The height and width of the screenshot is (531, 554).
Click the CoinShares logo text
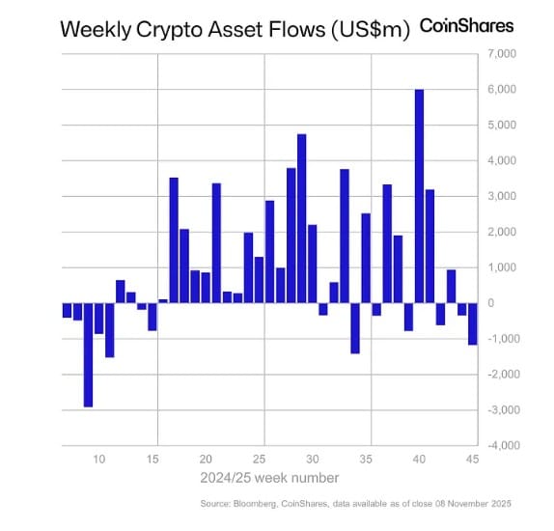(x=467, y=26)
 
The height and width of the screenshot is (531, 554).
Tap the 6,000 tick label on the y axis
(x=500, y=90)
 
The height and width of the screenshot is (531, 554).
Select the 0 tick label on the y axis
(x=490, y=303)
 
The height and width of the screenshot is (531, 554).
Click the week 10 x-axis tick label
(x=98, y=460)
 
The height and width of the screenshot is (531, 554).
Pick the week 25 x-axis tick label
(x=259, y=460)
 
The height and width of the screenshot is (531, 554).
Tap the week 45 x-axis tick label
(x=473, y=460)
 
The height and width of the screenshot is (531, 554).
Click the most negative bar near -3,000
(x=88, y=354)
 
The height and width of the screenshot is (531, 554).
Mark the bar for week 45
(x=473, y=323)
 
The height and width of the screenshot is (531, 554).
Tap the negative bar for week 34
(x=355, y=328)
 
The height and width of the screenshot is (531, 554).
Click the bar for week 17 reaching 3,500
(x=174, y=240)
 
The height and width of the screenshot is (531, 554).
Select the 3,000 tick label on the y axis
(x=500, y=196)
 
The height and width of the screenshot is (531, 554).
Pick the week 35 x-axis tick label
(x=366, y=460)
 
